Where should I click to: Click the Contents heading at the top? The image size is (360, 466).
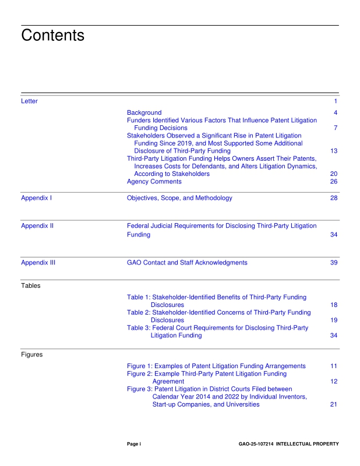(x=52, y=36)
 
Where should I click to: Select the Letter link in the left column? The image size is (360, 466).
(x=29, y=101)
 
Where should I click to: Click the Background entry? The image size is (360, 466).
(x=144, y=112)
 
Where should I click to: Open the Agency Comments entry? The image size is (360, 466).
(x=154, y=182)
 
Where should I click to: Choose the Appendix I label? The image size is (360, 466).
(x=36, y=198)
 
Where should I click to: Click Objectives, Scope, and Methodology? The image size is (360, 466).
(x=179, y=198)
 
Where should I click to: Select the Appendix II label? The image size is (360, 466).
(x=37, y=225)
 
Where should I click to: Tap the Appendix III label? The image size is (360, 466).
(x=38, y=263)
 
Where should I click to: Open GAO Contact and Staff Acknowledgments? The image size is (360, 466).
(x=187, y=263)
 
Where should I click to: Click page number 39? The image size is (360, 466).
(x=334, y=263)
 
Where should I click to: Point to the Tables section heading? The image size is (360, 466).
(x=30, y=286)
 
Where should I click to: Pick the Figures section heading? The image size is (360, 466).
(x=32, y=354)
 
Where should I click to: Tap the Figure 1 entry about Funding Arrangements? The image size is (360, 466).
(x=216, y=366)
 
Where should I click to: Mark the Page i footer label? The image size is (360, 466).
(x=134, y=444)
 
